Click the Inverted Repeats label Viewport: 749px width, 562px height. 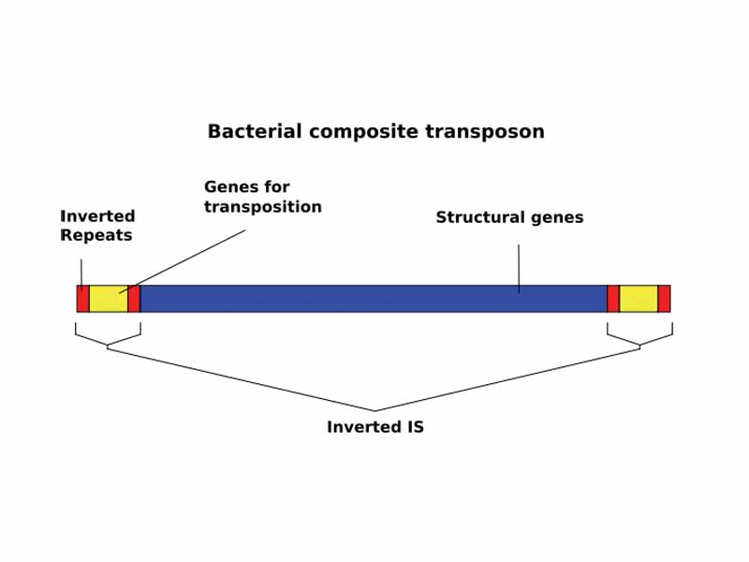coord(97,226)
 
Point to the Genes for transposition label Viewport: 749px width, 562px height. coord(262,197)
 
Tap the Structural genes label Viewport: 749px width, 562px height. coord(509,217)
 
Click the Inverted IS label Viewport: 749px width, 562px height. coord(374,427)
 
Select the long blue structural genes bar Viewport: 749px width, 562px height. coord(374,299)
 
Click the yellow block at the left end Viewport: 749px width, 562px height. coord(108,299)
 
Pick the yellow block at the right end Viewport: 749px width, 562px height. coord(639,299)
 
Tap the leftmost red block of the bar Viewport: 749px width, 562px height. coord(82,299)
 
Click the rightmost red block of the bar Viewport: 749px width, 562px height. coord(664,299)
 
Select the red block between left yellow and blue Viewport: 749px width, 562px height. coord(134,299)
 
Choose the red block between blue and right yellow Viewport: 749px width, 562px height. coord(613,299)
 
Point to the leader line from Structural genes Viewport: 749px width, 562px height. coord(519,267)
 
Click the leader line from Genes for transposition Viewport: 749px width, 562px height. coord(187,259)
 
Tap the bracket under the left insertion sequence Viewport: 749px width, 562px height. coord(108,338)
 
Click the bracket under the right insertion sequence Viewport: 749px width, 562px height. coord(640,338)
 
